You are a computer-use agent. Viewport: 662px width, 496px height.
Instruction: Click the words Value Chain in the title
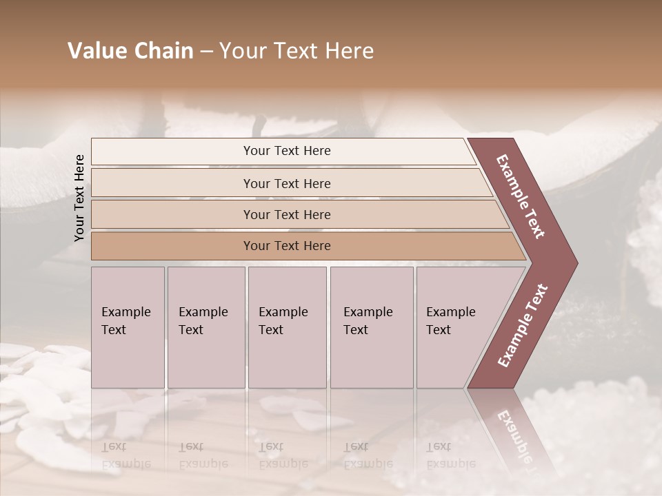(130, 51)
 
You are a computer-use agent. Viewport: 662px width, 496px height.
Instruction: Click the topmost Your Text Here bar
(287, 151)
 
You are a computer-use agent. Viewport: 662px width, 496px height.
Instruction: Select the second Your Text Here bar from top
(287, 183)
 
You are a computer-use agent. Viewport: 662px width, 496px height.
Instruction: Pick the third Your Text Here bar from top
(287, 214)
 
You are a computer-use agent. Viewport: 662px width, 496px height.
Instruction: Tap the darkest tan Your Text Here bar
(287, 246)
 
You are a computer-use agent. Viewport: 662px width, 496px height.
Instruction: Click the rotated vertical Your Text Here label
(79, 198)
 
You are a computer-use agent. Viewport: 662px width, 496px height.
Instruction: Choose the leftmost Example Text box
(128, 327)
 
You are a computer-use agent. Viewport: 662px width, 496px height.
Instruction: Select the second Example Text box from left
(205, 327)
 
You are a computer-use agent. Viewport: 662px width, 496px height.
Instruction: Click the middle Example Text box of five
(287, 327)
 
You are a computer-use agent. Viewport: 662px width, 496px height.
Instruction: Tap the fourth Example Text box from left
(371, 327)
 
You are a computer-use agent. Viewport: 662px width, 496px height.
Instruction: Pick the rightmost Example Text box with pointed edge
(455, 327)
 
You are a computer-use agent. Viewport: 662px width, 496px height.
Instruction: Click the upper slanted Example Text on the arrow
(521, 196)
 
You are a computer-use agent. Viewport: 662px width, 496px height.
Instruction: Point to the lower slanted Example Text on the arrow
(523, 325)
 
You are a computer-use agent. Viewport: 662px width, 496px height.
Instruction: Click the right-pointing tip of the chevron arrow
(574, 262)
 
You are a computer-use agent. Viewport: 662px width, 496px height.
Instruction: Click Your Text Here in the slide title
(297, 51)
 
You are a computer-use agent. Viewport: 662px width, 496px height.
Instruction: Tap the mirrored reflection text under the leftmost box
(126, 455)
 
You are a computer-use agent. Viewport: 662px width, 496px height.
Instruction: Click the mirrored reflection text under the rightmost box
(451, 455)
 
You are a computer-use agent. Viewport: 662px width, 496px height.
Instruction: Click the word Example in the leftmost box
(126, 312)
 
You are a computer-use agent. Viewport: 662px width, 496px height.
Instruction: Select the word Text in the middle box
(271, 330)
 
